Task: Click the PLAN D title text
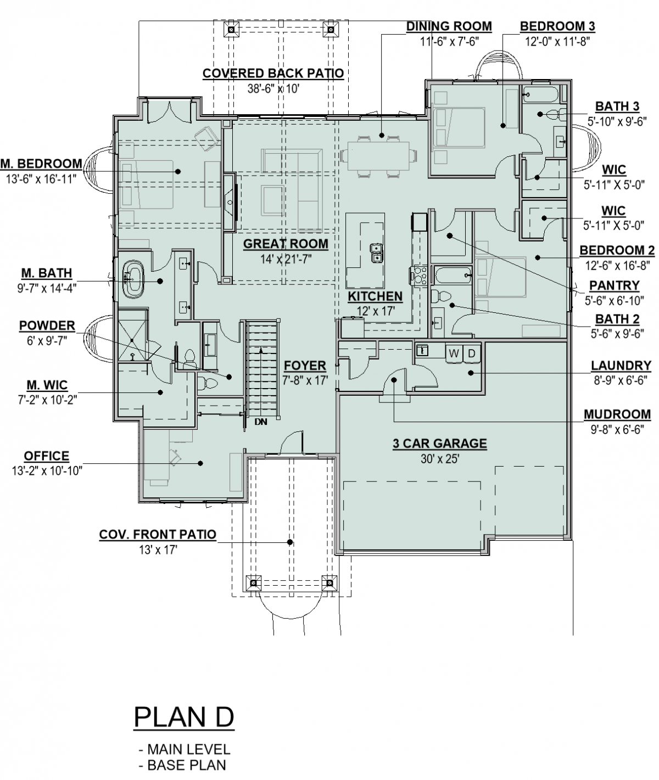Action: [x=184, y=718]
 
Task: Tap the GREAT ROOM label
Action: [x=286, y=244]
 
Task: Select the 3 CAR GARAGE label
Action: [x=439, y=444]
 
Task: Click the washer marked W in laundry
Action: [x=454, y=353]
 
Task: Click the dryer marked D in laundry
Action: [x=471, y=353]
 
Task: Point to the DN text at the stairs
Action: [x=260, y=422]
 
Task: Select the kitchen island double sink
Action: [x=377, y=253]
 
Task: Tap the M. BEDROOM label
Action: [x=41, y=164]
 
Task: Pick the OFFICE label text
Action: [x=47, y=456]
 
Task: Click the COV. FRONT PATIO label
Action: [x=158, y=534]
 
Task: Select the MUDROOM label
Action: [x=617, y=414]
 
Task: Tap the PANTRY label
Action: [x=614, y=285]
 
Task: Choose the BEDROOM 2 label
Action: [x=617, y=251]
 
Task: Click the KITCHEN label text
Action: [x=375, y=296]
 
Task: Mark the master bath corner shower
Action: [x=132, y=336]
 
